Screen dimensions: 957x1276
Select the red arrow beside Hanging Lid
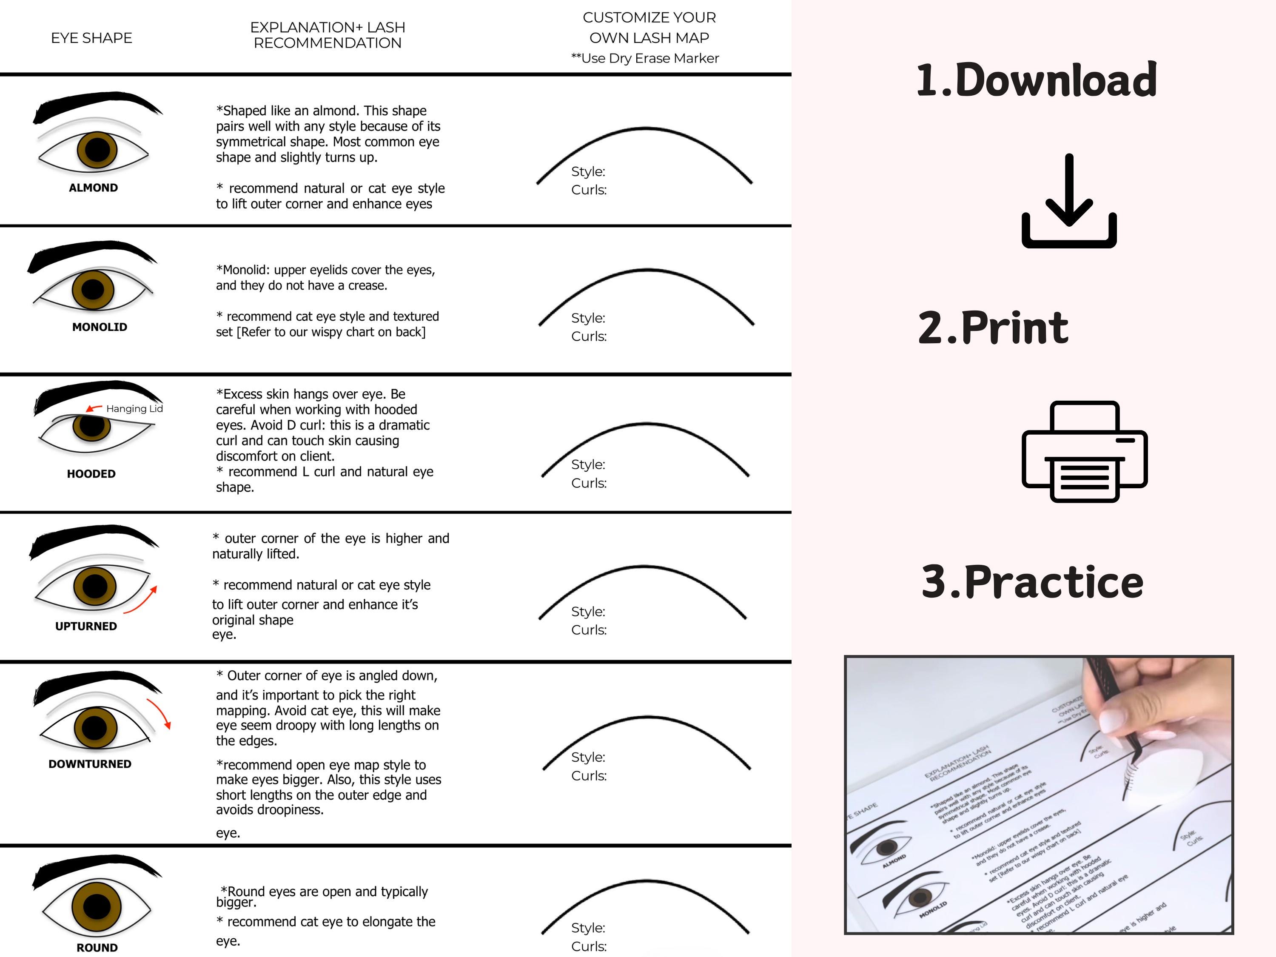click(94, 408)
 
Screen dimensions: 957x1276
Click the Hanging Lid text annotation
click(134, 408)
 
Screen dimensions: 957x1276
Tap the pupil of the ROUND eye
click(97, 906)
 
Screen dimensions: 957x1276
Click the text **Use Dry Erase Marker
click(644, 58)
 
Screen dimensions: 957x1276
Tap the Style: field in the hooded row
click(588, 464)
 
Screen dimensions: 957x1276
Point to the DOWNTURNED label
click(90, 764)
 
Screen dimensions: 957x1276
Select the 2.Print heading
click(993, 328)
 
